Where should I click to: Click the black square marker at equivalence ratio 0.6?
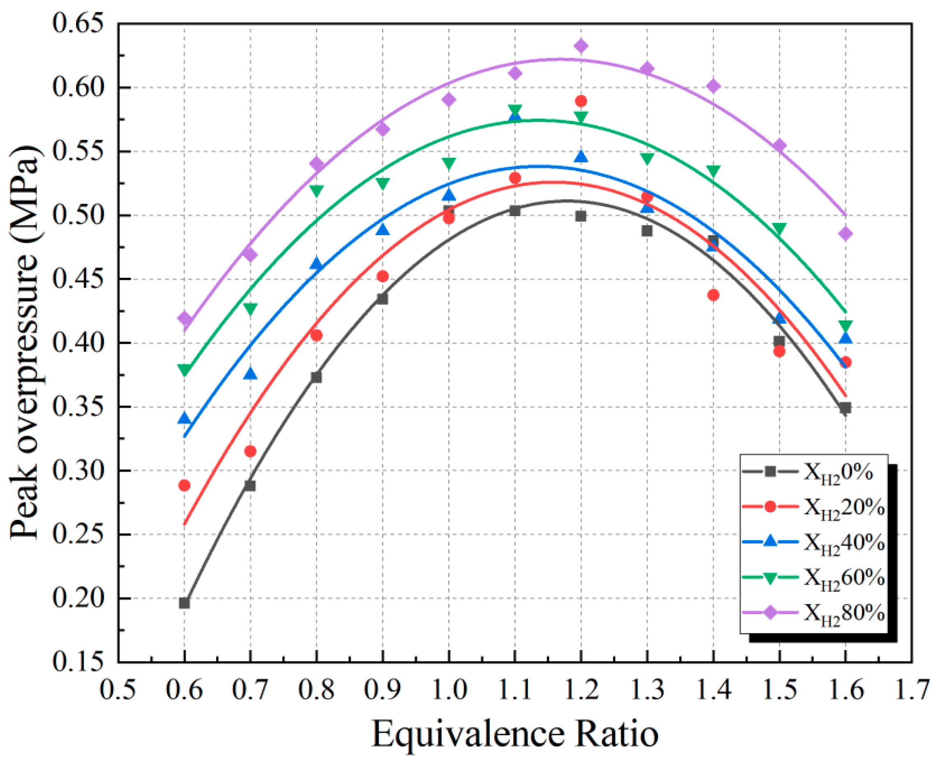184,603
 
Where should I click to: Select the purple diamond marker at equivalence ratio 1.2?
581,46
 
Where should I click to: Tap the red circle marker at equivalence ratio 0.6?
184,485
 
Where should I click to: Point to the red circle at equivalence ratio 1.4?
713,295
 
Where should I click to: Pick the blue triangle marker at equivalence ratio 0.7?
250,374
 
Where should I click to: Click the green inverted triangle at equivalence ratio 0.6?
184,370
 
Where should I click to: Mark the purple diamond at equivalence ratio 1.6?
845,233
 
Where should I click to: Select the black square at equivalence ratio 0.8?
316,377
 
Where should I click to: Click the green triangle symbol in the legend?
771,578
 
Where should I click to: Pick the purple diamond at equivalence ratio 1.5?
779,146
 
